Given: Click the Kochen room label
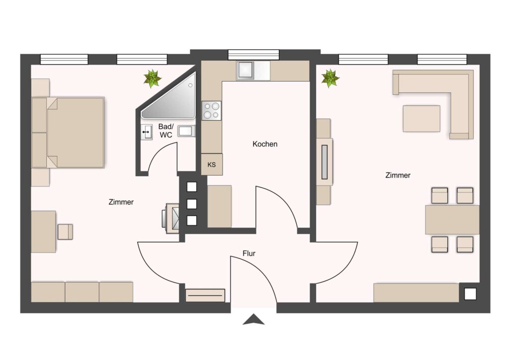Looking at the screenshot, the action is coord(265,144).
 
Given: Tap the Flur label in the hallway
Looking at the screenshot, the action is coord(249,253).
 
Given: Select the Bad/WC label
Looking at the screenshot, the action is coord(166,130).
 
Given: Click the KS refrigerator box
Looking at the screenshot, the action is coord(212,165).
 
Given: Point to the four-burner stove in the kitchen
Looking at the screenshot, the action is coord(211,110).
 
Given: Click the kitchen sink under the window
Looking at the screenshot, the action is coord(246,71).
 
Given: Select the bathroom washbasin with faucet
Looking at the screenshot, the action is coord(147,132).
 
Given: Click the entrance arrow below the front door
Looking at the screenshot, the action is coord(254,319).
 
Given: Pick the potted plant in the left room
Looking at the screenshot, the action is coord(152,78).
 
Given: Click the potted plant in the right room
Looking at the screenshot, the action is coord(330,78).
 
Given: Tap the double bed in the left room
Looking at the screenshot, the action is coord(68,132).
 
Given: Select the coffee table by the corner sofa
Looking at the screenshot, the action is coord(422,118).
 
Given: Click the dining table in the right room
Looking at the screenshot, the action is coord(452,219).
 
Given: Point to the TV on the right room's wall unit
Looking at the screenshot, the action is coord(324,162).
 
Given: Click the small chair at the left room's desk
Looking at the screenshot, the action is coord(65,232).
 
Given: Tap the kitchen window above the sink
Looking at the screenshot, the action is coord(254,55).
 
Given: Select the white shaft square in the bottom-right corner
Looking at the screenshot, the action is coord(470,294).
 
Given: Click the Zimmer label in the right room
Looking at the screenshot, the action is coord(398,176).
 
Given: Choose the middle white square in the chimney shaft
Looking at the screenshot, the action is coord(192,204).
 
